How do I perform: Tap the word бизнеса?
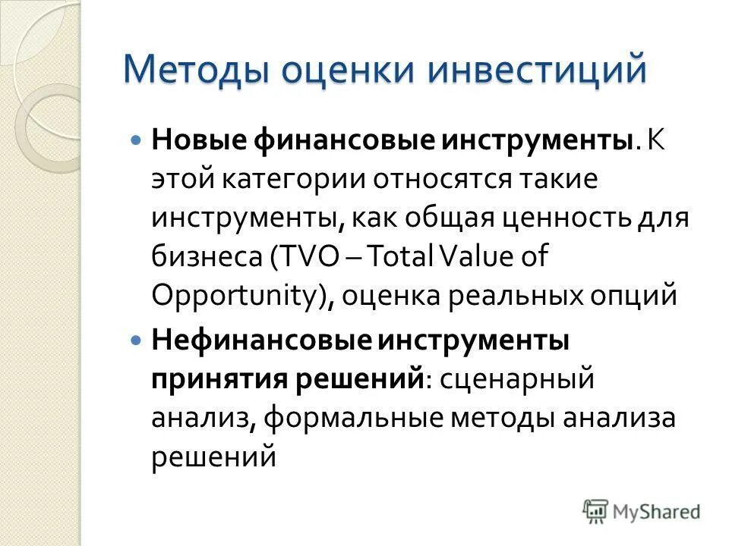[x=205, y=258]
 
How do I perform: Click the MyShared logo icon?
[x=596, y=512]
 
